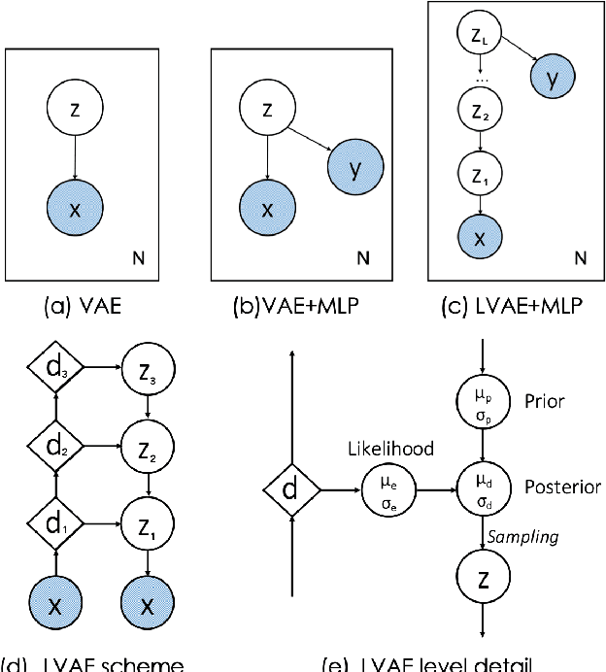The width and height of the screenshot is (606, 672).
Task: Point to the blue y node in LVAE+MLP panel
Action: click(x=551, y=79)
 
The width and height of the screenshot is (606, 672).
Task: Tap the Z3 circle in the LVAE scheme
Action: click(x=147, y=367)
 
